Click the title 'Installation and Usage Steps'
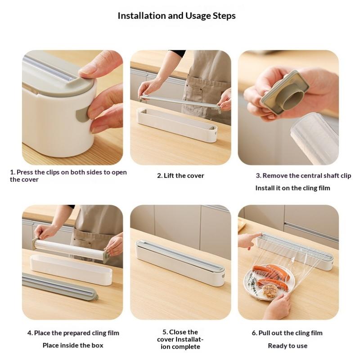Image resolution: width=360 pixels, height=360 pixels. tap(176, 16)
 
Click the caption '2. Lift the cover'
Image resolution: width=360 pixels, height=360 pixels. tap(180, 175)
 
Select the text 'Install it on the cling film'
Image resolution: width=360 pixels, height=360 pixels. tap(292, 188)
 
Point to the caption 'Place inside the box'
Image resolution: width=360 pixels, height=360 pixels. tap(73, 345)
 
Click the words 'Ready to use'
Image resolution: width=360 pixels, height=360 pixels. tap(288, 346)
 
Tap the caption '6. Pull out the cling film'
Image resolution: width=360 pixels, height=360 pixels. tap(287, 333)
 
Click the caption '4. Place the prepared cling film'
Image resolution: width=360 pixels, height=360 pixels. tap(73, 333)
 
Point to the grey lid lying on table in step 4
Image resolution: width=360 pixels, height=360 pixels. tap(58, 285)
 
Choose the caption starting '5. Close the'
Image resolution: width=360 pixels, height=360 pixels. tap(180, 339)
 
